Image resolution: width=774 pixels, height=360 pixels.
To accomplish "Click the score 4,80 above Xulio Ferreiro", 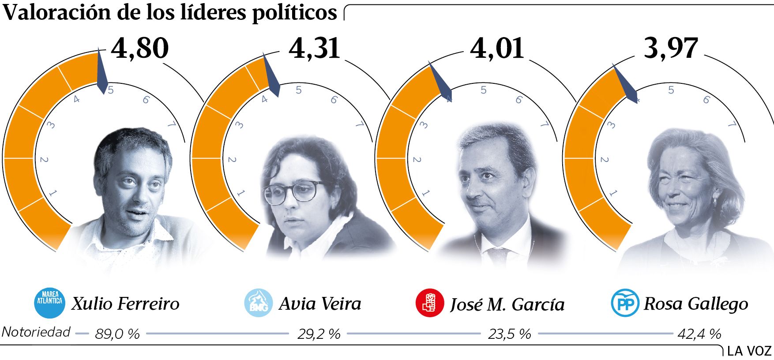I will pos(140,48).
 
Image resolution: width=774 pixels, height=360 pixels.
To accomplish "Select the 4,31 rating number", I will pos(314,48).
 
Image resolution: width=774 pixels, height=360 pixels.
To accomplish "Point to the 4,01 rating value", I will pos(497,48).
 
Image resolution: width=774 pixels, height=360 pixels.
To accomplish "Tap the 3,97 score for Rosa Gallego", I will pos(671,48).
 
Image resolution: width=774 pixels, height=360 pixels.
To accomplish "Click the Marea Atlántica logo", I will pos(49,303).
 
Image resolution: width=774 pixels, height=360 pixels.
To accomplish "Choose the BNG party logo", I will pos(259,303).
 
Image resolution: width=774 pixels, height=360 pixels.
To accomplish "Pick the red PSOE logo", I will pos(430,303).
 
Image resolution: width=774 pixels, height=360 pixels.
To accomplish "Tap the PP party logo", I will pos(624,303).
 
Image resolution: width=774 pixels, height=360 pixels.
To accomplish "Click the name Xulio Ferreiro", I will pos(125,304).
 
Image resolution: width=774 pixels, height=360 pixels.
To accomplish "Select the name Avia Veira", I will pos(320,304).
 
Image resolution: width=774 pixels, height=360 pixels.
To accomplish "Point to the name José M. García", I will pos(507,304).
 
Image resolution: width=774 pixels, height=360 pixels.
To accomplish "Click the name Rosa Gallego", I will pos(696,304).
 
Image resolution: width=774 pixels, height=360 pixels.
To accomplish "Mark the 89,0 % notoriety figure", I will pos(117,334).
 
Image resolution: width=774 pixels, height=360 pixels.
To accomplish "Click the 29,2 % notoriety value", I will pos(319,334).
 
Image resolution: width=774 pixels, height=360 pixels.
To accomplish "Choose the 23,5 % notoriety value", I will pos(509,334).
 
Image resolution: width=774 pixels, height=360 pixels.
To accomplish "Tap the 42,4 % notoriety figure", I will pos(699,334).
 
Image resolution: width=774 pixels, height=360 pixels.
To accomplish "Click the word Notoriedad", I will pos(36,332).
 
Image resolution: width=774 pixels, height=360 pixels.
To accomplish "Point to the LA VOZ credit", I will pos(748,351).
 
